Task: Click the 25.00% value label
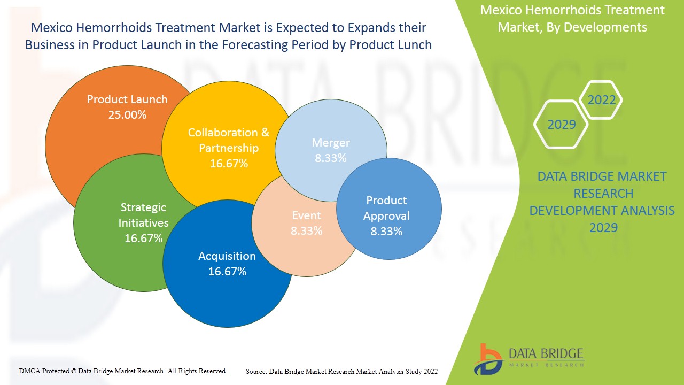pos(127,114)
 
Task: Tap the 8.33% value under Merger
pos(331,158)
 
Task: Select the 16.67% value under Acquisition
pos(227,271)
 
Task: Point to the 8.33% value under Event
pos(306,230)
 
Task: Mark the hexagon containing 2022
pos(602,100)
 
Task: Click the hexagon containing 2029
pos(562,125)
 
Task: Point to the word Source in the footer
pos(256,371)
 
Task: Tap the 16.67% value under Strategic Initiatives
pos(143,238)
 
